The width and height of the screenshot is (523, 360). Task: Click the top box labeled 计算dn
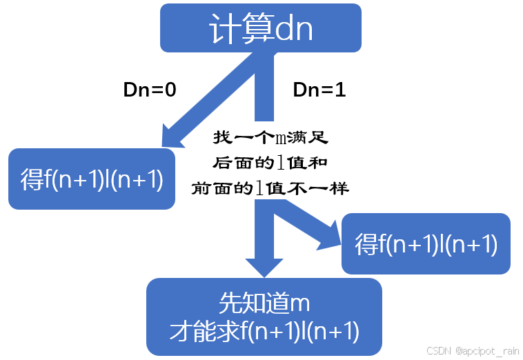tap(261, 28)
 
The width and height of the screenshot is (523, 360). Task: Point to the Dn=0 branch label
tap(150, 90)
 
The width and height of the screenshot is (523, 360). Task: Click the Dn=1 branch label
tap(319, 90)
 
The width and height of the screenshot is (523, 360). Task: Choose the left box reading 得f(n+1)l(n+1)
tap(92, 179)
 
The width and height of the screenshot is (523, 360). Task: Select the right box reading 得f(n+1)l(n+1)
tap(426, 243)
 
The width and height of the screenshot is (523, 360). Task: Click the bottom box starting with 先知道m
tap(264, 317)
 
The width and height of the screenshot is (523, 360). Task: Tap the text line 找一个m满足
tap(270, 139)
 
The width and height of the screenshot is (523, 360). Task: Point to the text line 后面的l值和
tap(270, 163)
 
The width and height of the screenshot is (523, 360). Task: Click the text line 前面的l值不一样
tap(270, 188)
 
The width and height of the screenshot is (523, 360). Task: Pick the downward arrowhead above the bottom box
tap(264, 266)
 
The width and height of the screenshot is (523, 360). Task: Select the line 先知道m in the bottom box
tap(263, 303)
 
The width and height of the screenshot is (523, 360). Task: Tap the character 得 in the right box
tap(366, 245)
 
